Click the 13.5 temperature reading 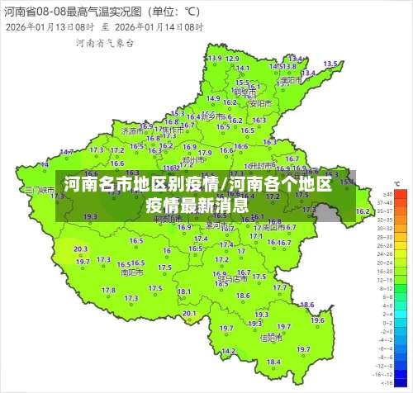click(330, 64)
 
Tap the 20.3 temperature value click(80, 249)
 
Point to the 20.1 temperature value click(189, 314)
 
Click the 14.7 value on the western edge click(66, 151)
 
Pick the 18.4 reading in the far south click(273, 362)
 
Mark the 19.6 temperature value click(317, 320)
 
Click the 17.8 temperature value click(108, 290)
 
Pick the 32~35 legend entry click(384, 211)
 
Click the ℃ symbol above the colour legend click(397, 183)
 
